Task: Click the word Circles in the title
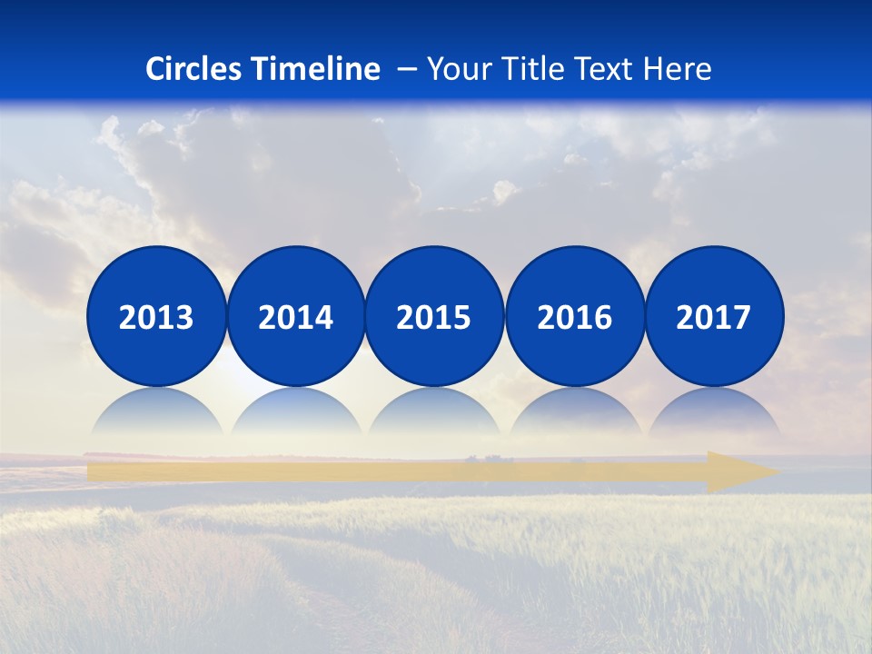[x=195, y=69]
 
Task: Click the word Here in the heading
[x=677, y=69]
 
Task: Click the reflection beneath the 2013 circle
[x=156, y=413]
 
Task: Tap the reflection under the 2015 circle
[x=434, y=413]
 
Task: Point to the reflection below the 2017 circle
[x=714, y=413]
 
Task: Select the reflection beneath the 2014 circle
[x=295, y=413]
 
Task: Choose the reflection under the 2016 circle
[x=574, y=413]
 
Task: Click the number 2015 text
[x=434, y=318]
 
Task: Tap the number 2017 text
[x=714, y=318]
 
